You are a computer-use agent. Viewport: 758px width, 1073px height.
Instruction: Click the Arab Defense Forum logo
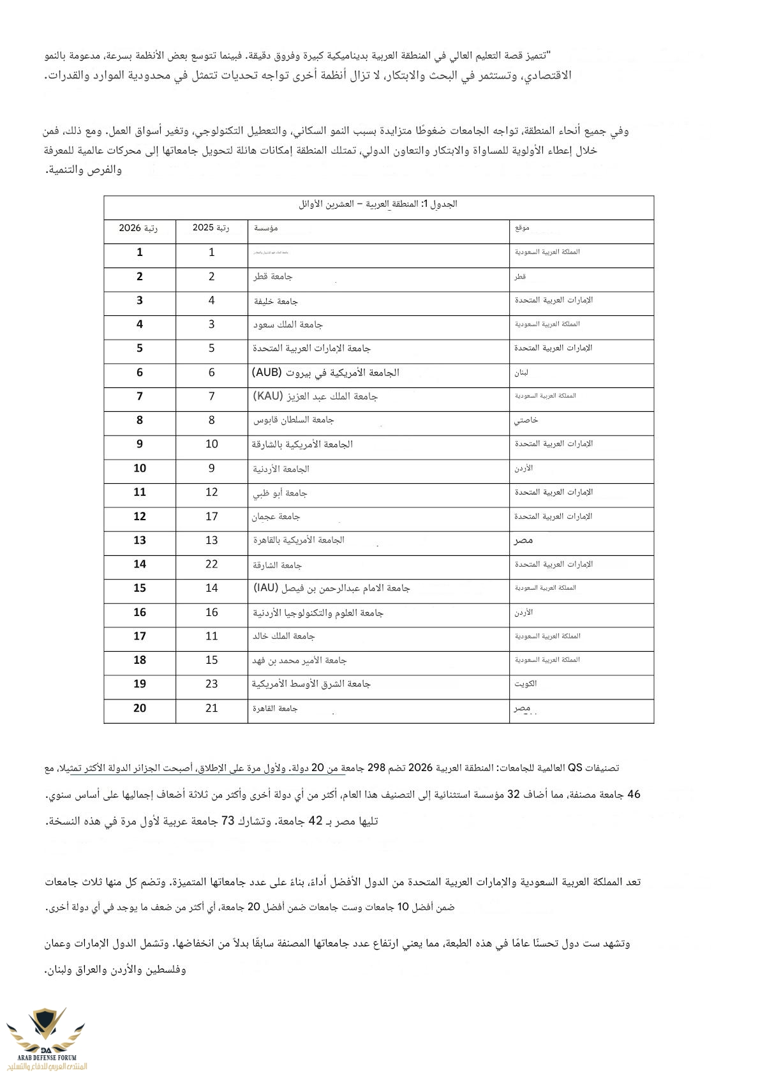(x=46, y=1037)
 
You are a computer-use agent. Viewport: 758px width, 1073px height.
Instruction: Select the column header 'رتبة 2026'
(x=138, y=228)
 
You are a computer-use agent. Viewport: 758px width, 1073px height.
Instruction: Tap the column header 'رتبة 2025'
(x=211, y=228)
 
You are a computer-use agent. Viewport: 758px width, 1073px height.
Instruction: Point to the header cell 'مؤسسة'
(x=265, y=228)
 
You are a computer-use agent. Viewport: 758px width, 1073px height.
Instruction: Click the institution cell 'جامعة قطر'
(x=272, y=276)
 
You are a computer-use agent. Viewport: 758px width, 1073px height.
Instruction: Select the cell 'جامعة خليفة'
(x=276, y=301)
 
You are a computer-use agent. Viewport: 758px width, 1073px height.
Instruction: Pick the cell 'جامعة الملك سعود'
(x=288, y=325)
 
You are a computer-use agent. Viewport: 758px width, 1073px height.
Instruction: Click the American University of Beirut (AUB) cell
(x=325, y=373)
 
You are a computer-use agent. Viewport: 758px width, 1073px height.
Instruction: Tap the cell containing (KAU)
(x=315, y=396)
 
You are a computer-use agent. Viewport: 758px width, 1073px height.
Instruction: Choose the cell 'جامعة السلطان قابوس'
(x=294, y=420)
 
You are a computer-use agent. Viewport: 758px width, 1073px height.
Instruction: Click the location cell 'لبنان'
(x=521, y=373)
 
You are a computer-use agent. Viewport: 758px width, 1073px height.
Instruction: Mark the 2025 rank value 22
(x=211, y=564)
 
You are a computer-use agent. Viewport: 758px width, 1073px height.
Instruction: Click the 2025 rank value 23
(x=211, y=684)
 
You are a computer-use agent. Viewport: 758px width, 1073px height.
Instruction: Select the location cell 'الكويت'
(x=526, y=684)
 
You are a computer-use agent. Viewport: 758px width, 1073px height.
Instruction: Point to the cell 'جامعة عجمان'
(x=276, y=516)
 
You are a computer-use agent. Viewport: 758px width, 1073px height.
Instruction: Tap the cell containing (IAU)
(x=331, y=588)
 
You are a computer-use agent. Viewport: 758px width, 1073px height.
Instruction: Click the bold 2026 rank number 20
(x=140, y=708)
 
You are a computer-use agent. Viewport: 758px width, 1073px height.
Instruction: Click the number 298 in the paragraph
(x=376, y=768)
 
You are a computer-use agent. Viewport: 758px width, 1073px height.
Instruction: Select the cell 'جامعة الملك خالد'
(x=283, y=636)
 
